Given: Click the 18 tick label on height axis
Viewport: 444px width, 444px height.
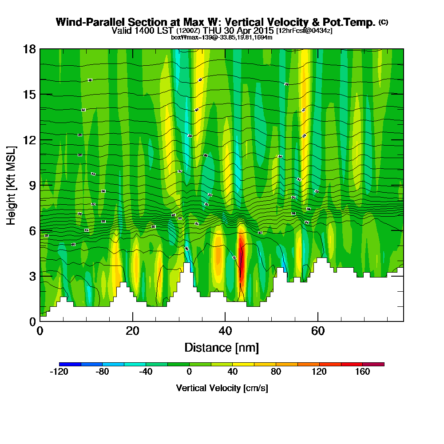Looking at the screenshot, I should click(29, 49).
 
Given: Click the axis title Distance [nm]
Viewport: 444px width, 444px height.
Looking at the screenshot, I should click(222, 347).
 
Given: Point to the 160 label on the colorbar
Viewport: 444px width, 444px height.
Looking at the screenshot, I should click(362, 372).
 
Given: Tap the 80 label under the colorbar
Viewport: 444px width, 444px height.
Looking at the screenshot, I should click(276, 372).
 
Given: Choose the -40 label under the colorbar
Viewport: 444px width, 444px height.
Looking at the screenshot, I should click(146, 372).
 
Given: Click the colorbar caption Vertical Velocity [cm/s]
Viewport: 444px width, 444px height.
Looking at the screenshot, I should click(222, 388).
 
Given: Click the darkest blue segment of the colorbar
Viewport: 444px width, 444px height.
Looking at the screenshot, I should click(70, 364).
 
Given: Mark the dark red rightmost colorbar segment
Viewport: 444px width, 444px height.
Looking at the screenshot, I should click(373, 364).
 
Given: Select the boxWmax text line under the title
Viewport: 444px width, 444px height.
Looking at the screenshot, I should click(222, 37).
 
